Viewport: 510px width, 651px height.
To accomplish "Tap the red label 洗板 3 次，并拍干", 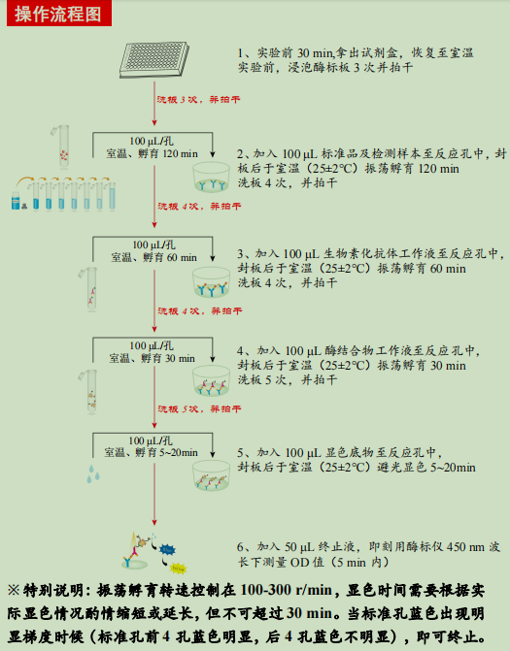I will [x=200, y=99].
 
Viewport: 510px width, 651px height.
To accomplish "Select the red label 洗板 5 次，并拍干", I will [x=200, y=409].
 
